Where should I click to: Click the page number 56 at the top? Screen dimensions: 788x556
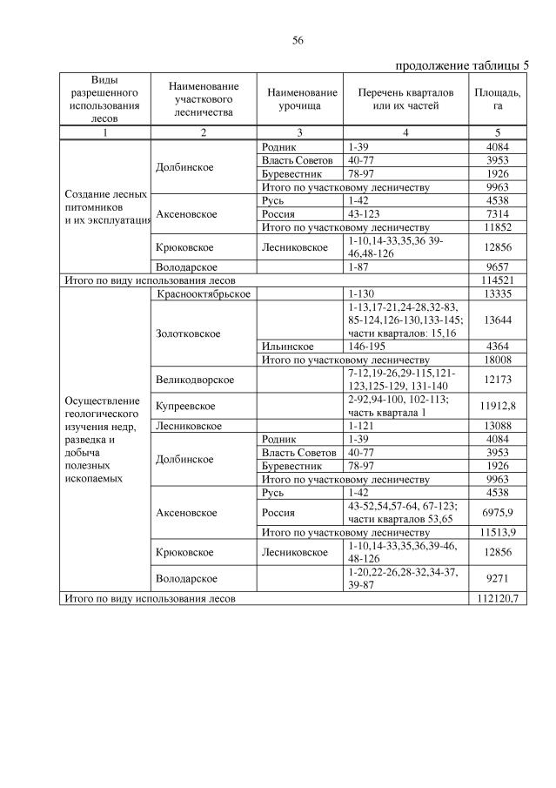pyautogui.click(x=298, y=40)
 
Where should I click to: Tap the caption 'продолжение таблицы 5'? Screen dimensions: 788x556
pyautogui.click(x=461, y=65)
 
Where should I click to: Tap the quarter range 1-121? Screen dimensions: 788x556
pyautogui.click(x=360, y=426)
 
